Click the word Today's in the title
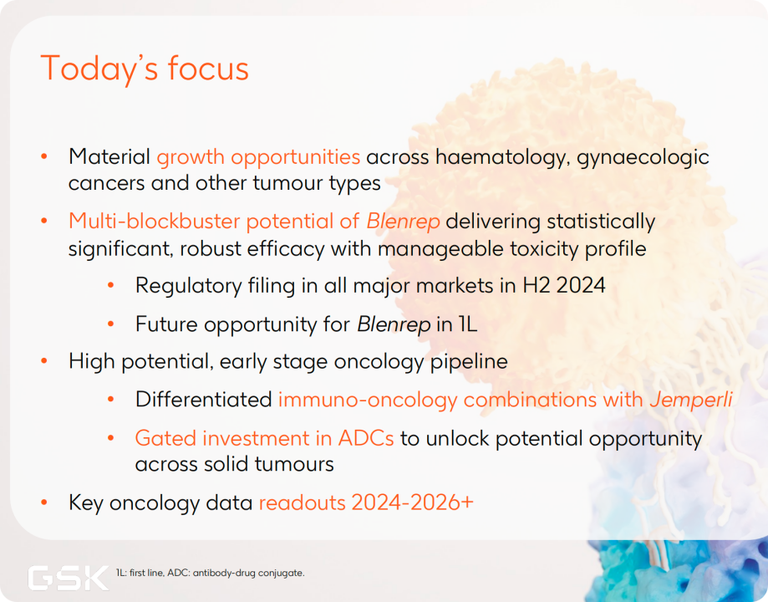(99, 69)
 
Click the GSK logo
(69, 578)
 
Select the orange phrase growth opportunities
(258, 158)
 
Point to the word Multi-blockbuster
(155, 221)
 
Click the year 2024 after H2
(581, 285)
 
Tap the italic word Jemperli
(691, 400)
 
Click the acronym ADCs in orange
(366, 438)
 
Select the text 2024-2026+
(412, 503)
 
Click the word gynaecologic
(643, 158)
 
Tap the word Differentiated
(204, 400)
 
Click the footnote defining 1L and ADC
(210, 573)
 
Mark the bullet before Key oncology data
(44, 503)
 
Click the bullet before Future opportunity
(110, 324)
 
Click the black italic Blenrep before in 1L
(394, 324)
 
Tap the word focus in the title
(208, 69)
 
